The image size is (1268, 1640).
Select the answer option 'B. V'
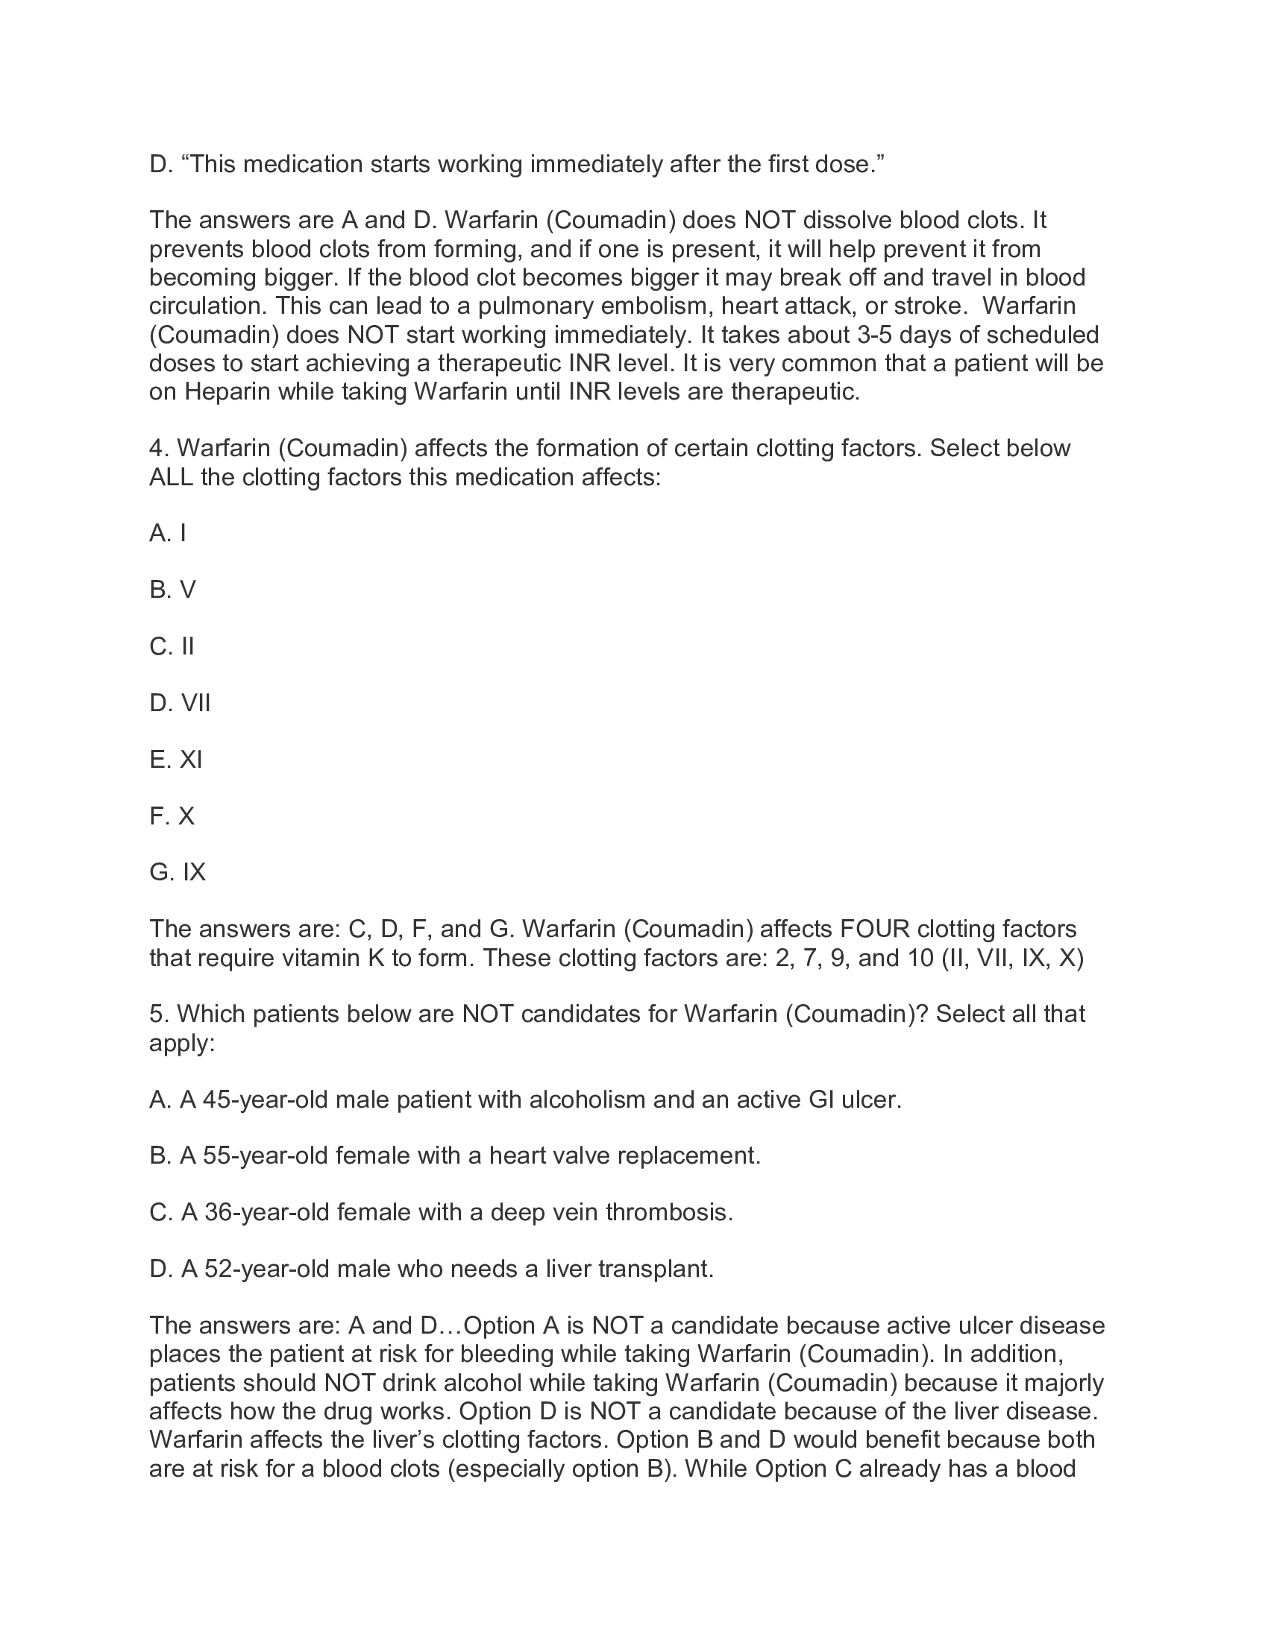coord(172,590)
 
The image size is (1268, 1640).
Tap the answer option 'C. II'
coord(172,646)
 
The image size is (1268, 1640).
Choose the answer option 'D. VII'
coord(180,703)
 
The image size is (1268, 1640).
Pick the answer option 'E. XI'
coord(176,759)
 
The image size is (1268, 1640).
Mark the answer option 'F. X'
coord(172,816)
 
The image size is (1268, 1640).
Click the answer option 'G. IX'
coord(178,872)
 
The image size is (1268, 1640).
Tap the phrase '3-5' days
coord(873,334)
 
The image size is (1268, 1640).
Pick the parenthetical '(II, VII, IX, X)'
coord(1012,958)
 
